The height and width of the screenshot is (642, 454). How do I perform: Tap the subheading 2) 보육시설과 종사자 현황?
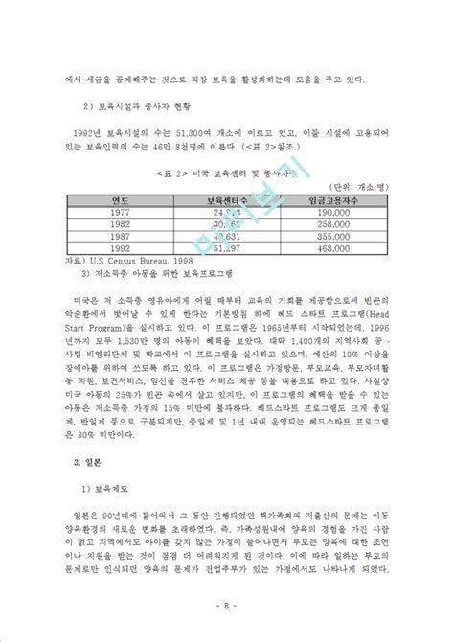click(134, 103)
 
